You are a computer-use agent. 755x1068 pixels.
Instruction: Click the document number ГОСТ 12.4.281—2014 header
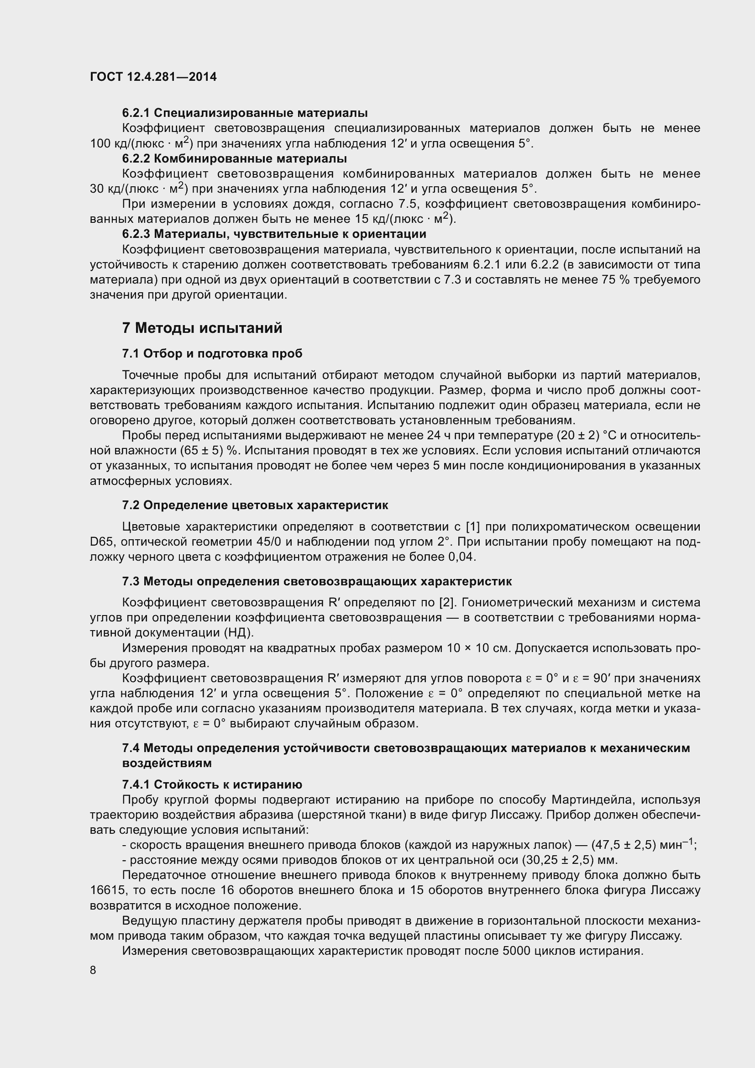point(153,77)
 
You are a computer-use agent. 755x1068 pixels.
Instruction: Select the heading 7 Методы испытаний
point(202,328)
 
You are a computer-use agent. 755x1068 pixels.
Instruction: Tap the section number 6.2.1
point(136,113)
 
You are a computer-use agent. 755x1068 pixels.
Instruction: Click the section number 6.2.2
point(136,158)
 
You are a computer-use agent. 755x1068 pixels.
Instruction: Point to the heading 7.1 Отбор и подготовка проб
point(212,353)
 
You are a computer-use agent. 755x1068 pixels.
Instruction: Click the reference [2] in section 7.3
point(446,602)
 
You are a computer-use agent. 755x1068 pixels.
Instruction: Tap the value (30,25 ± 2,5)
point(558,860)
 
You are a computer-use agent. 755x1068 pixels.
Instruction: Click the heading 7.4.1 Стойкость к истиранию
point(212,784)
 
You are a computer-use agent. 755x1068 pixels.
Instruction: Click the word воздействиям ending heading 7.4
point(167,763)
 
